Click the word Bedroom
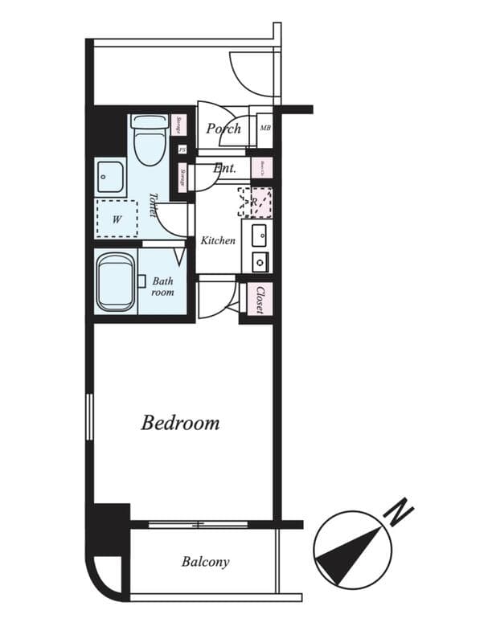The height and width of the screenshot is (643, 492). (x=180, y=423)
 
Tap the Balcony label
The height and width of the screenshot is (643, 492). (x=205, y=562)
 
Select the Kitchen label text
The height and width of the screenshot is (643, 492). (x=218, y=240)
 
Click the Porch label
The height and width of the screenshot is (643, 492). (x=223, y=129)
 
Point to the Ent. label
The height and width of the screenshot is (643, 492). (x=224, y=169)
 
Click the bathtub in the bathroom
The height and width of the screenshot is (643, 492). (x=115, y=282)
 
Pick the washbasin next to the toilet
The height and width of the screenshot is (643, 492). (x=110, y=176)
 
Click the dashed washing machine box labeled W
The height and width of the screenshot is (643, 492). (x=116, y=218)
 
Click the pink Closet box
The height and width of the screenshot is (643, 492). (x=260, y=300)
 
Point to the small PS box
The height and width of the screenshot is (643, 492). (x=182, y=149)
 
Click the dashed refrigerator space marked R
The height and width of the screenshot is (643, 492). (x=255, y=203)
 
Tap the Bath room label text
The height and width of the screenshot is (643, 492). (x=162, y=287)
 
